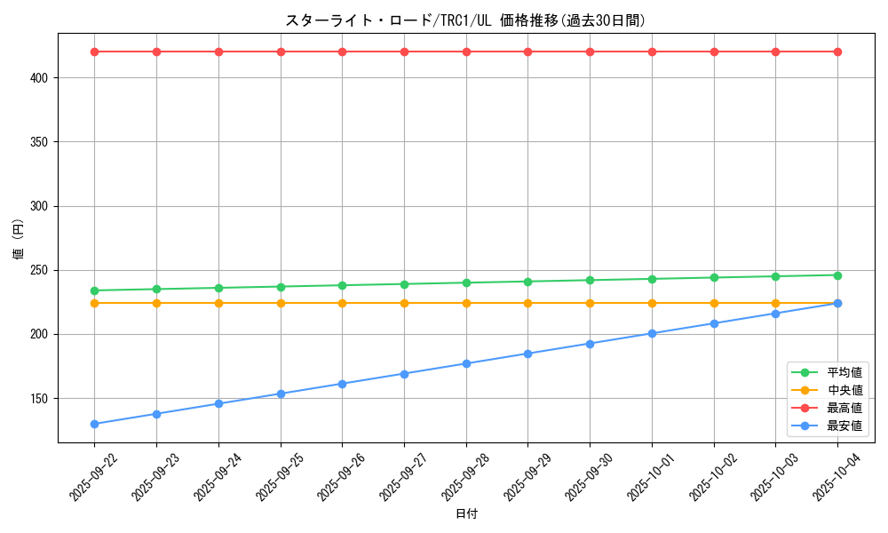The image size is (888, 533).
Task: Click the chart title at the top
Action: click(x=465, y=20)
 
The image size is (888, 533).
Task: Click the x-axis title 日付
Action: click(x=465, y=514)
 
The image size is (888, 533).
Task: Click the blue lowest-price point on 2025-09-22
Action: click(x=94, y=424)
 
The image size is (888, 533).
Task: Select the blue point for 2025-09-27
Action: click(x=404, y=374)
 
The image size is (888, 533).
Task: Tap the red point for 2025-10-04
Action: click(x=837, y=52)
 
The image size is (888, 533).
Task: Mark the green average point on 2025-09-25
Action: click(x=281, y=287)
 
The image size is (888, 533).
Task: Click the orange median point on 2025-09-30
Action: click(x=590, y=303)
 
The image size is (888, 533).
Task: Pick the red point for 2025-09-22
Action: click(x=94, y=52)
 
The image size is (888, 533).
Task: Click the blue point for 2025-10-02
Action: click(x=714, y=323)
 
